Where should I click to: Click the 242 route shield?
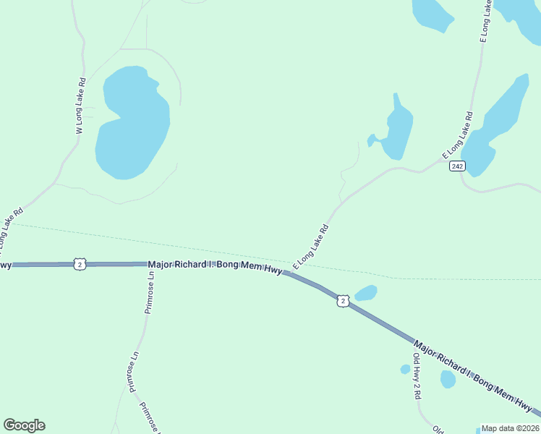pyautogui.click(x=456, y=166)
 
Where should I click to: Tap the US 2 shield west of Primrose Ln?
pyautogui.click(x=80, y=265)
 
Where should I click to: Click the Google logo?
pyautogui.click(x=24, y=425)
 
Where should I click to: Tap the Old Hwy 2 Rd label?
pyautogui.click(x=417, y=372)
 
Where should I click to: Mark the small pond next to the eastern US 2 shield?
pyautogui.click(x=366, y=293)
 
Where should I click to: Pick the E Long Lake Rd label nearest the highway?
pyautogui.click(x=311, y=245)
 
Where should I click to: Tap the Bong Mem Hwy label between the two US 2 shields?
pyautogui.click(x=215, y=268)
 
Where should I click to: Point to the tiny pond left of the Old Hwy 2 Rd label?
pyautogui.click(x=405, y=370)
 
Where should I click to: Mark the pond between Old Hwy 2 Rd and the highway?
pyautogui.click(x=448, y=379)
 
